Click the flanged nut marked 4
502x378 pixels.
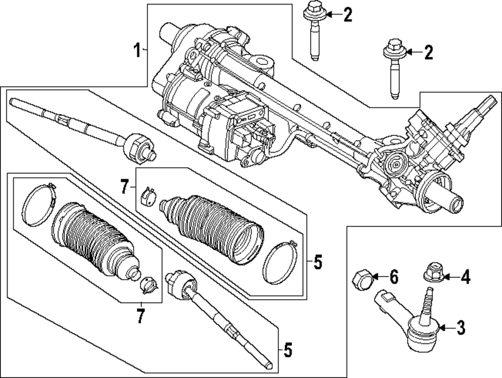[x=432, y=273]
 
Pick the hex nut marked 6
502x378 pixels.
[x=364, y=277]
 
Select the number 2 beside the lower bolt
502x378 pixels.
[x=428, y=52]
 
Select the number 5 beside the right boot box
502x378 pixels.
[x=317, y=262]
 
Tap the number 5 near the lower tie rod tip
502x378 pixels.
[x=287, y=350]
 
